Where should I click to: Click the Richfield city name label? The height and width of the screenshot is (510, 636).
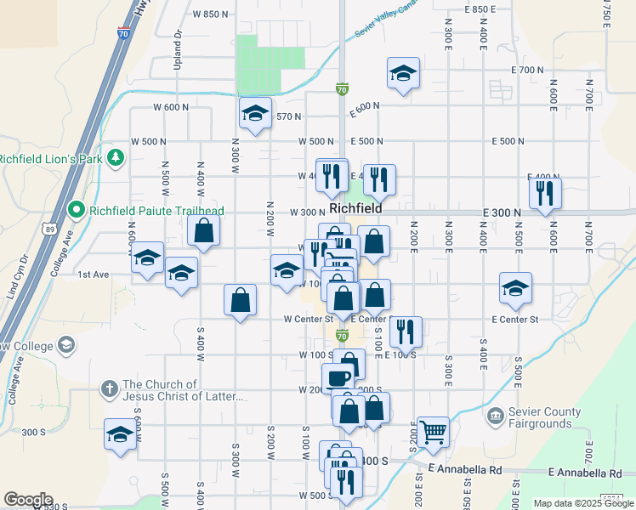[354, 207]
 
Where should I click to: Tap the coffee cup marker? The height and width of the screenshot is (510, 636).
[337, 377]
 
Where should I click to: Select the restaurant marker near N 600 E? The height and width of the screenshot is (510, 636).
[545, 192]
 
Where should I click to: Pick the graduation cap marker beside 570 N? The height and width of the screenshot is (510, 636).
[255, 112]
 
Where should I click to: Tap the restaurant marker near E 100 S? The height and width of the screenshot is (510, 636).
[406, 331]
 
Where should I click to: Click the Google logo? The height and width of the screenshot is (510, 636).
[28, 500]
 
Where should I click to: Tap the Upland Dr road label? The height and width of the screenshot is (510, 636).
[179, 46]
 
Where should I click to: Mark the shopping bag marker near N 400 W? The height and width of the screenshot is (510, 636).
[204, 229]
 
